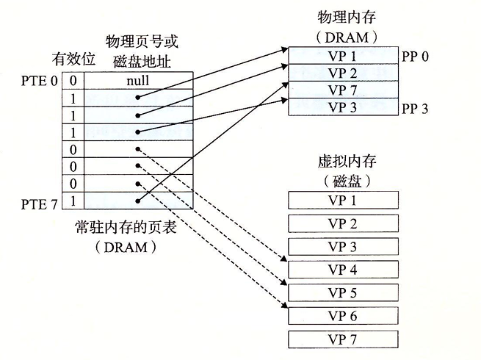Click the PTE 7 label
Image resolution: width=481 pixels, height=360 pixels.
pos(43,201)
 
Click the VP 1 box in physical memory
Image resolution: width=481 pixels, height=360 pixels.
pos(342,56)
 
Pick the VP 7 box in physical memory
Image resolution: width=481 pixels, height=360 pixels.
pos(342,90)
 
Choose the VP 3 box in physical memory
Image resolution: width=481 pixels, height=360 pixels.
pos(342,107)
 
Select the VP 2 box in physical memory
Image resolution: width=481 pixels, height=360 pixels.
pos(342,73)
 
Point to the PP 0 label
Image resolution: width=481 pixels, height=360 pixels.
pos(415,57)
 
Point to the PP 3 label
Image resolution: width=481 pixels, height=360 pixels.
pos(415,109)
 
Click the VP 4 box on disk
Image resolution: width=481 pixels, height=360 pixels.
pos(343,270)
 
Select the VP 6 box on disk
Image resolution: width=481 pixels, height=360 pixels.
pos(343,316)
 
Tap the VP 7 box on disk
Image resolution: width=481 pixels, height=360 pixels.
pos(343,339)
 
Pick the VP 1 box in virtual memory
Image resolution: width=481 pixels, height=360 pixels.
pos(343,201)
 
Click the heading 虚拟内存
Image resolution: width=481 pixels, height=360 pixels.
pos(343,162)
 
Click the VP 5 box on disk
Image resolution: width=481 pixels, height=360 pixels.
pos(343,292)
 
